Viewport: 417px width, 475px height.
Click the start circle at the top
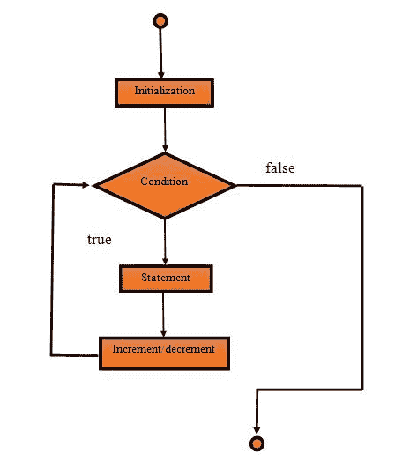tap(160, 19)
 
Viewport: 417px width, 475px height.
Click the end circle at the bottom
tap(257, 442)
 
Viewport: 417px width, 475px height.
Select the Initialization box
tap(164, 91)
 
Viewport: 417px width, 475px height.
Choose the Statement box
tap(166, 278)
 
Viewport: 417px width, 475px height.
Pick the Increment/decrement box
tap(164, 349)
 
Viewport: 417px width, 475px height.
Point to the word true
tap(99, 239)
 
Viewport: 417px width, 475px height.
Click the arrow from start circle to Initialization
tap(160, 53)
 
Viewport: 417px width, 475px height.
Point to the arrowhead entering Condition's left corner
tap(87, 184)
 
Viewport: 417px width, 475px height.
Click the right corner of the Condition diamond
tap(235, 184)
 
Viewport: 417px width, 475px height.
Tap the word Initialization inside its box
tap(164, 91)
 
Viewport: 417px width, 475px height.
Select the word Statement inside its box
tap(166, 278)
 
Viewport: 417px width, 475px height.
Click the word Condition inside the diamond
tap(165, 182)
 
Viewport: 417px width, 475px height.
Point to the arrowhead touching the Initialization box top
tap(161, 75)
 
